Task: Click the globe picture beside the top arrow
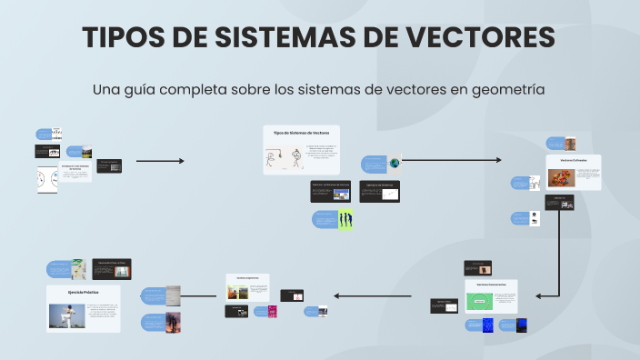tap(395, 164)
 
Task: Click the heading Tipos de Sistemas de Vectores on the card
tap(301, 133)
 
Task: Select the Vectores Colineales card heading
tap(574, 159)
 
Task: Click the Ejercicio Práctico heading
tap(83, 292)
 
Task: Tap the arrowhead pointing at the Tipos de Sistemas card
tap(181, 161)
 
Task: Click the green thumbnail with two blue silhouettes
tap(345, 219)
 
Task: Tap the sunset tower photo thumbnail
tap(173, 321)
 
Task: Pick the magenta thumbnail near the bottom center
tap(271, 311)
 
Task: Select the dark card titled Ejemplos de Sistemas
tap(380, 190)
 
